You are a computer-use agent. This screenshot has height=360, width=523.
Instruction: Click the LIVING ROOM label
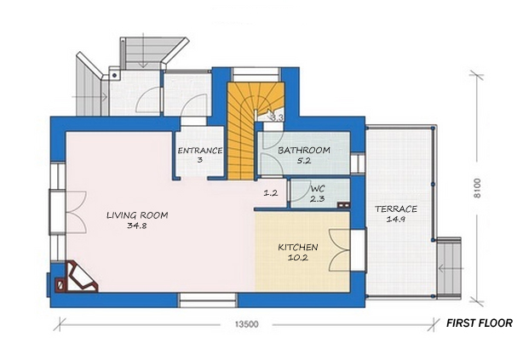[137, 216]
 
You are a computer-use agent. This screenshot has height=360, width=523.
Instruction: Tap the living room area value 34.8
[137, 227]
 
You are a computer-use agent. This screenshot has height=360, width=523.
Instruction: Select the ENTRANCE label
[200, 151]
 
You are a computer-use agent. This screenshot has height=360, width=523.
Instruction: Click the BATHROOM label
[304, 151]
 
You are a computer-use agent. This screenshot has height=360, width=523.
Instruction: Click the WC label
[316, 189]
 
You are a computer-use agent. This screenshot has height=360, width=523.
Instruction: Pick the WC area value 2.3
[316, 199]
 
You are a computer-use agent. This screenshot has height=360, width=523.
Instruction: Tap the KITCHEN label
[298, 248]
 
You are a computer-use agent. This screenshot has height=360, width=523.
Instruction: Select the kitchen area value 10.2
[298, 259]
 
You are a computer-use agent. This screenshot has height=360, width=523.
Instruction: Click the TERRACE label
[396, 209]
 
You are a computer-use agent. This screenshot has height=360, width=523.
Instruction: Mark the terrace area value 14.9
[396, 220]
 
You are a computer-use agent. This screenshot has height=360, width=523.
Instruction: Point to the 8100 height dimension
[479, 186]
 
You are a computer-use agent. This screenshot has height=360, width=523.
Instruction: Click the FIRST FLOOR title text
[480, 323]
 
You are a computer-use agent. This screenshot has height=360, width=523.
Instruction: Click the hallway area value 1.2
[271, 193]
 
